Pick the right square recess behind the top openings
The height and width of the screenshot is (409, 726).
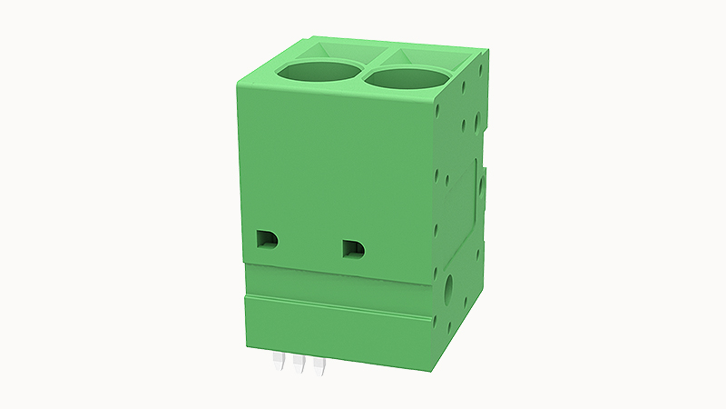click(425, 56)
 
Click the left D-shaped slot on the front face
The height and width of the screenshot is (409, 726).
click(267, 239)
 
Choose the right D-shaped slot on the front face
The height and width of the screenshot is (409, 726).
click(353, 246)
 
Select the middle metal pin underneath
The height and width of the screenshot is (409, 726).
click(298, 365)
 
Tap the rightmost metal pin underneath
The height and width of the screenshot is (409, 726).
click(318, 366)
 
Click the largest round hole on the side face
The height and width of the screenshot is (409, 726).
click(449, 291)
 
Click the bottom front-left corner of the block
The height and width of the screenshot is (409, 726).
click(247, 345)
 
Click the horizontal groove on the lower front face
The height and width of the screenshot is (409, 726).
click(336, 305)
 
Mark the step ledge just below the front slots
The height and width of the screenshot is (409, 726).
click(336, 270)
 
